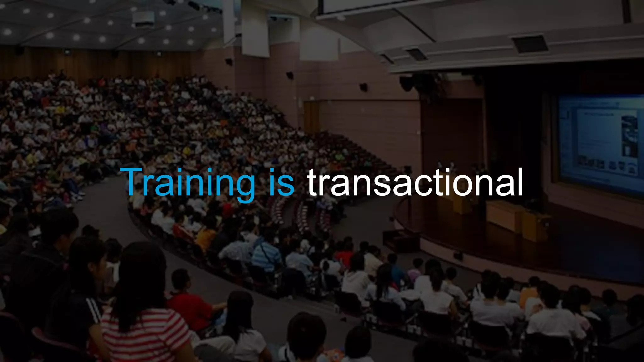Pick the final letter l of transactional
pyautogui.click(x=519, y=182)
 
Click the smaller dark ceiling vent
pyautogui.click(x=417, y=54)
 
